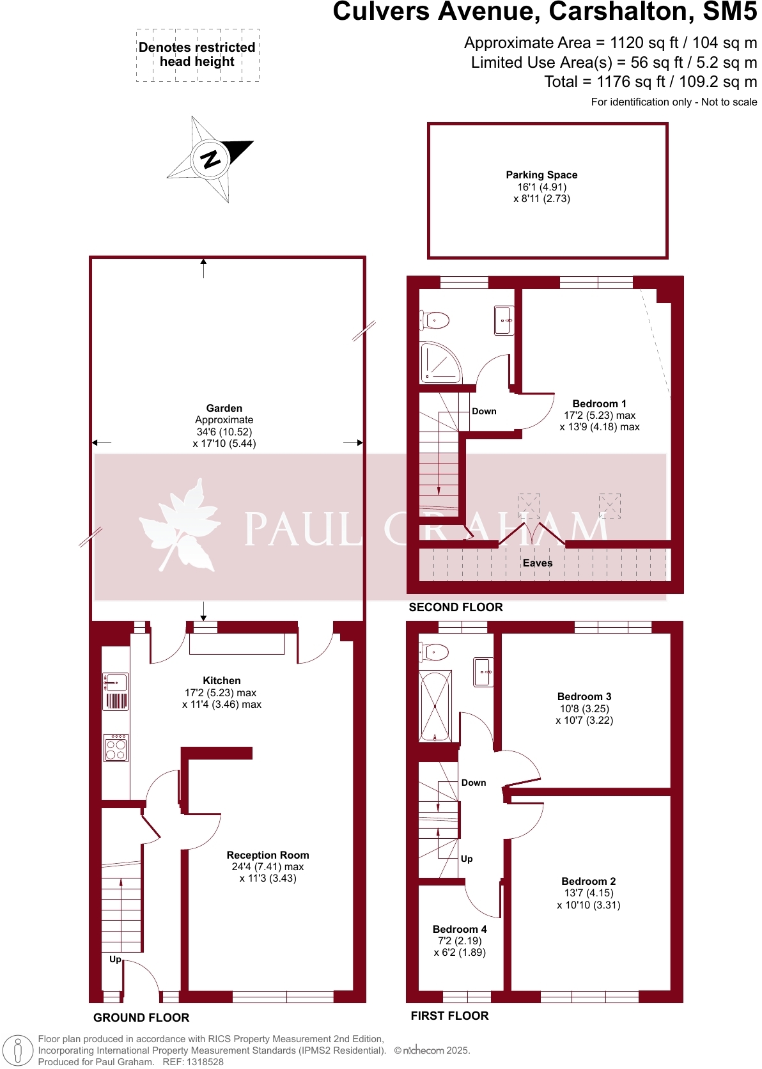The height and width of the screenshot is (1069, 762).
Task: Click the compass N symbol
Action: click(210, 158)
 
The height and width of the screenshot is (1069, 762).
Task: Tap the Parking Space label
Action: click(541, 175)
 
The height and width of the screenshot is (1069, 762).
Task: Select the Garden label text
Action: click(224, 409)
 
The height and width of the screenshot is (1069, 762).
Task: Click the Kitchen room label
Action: click(222, 681)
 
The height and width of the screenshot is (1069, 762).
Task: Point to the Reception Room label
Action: click(268, 855)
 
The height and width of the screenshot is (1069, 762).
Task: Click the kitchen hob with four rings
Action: click(116, 747)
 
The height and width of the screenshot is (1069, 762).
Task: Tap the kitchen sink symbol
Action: click(116, 683)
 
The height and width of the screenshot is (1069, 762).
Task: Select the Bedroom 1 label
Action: click(599, 404)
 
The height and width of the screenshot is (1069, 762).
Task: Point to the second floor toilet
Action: click(435, 319)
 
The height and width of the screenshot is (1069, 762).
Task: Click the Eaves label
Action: click(538, 563)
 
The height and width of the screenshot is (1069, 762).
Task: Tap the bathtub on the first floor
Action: click(435, 706)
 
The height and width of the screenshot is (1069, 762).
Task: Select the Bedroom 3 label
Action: click(584, 697)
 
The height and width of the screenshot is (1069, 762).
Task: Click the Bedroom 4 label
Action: click(460, 930)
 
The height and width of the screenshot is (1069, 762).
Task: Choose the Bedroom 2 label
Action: click(588, 882)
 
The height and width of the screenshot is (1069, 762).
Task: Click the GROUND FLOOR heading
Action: click(141, 1018)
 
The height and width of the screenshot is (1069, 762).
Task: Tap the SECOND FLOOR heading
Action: click(456, 607)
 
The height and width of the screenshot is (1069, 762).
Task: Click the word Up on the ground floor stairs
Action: click(115, 960)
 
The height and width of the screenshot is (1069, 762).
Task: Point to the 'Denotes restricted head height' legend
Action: click(198, 55)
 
